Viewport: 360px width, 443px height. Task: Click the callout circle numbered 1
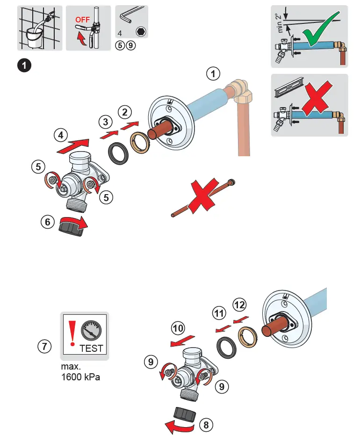213,74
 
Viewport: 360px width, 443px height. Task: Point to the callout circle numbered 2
124,112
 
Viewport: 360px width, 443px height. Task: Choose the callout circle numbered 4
60,136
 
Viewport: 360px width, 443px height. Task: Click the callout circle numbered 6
47,223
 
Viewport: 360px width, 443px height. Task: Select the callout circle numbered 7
44,347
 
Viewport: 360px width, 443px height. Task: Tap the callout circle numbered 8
206,425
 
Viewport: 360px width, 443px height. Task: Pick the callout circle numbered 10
178,328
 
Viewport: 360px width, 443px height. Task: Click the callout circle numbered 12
239,305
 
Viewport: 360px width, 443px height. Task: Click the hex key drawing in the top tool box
127,17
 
